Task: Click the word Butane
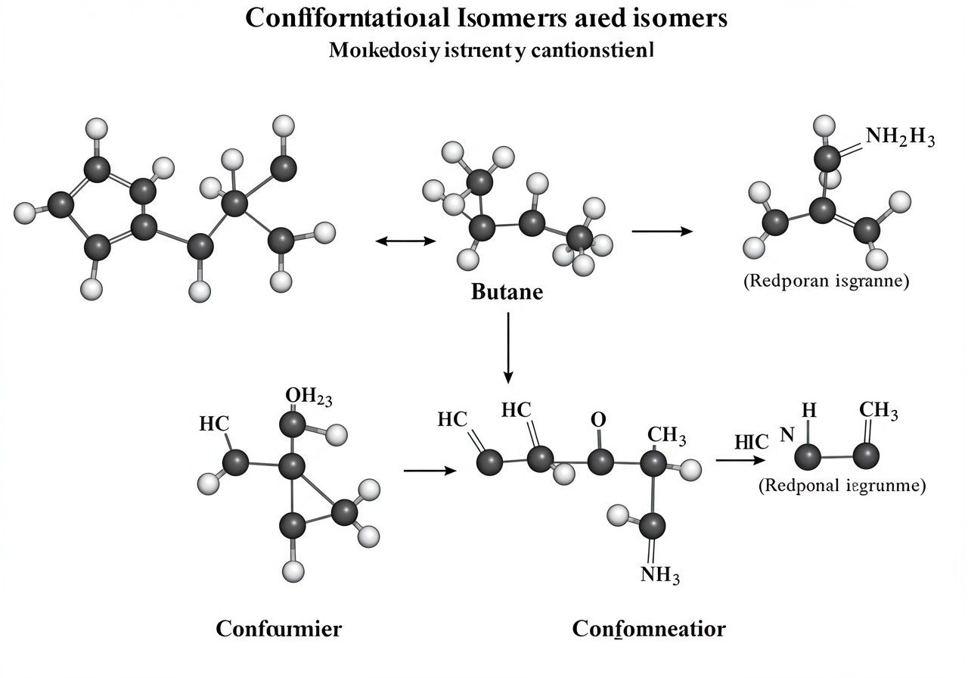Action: pos(507,291)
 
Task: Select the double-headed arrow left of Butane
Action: pos(406,241)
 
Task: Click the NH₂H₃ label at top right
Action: pos(900,138)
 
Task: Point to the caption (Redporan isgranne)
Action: pos(826,281)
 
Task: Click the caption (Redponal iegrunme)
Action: pos(842,486)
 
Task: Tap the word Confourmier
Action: pos(278,629)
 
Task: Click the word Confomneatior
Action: pos(649,629)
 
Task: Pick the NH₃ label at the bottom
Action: pos(660,576)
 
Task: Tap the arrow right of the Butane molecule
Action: pos(662,231)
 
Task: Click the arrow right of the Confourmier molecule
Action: pos(430,471)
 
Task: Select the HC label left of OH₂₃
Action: pos(213,425)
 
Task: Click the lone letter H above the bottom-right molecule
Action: pos(809,411)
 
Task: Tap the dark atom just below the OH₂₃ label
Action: pos(293,426)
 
